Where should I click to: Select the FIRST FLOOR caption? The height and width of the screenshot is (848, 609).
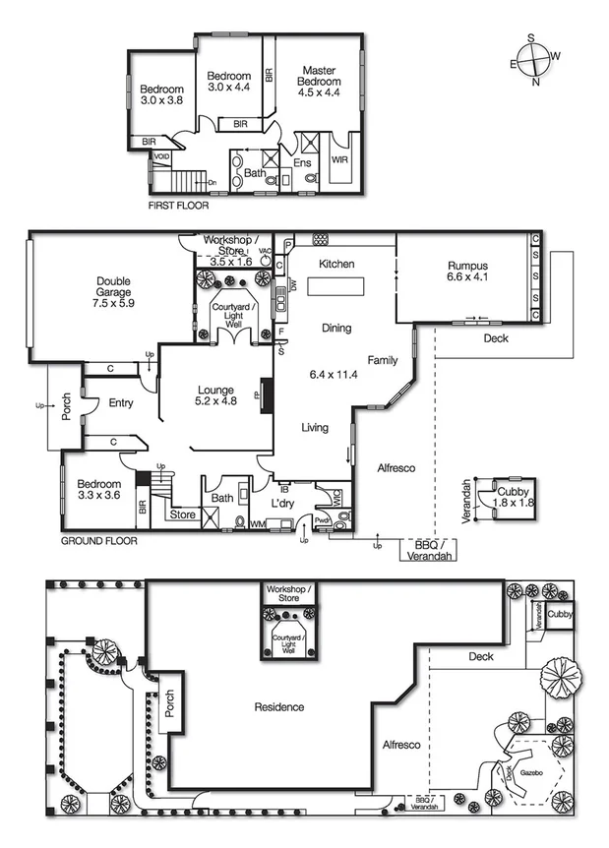pyautogui.click(x=178, y=207)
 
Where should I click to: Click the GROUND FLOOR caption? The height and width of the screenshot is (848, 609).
pyautogui.click(x=99, y=541)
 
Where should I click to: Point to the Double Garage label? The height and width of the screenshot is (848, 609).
pyautogui.click(x=113, y=293)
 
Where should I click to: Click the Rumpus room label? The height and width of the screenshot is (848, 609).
pyautogui.click(x=467, y=271)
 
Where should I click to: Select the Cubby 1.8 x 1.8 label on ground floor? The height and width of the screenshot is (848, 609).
pyautogui.click(x=513, y=497)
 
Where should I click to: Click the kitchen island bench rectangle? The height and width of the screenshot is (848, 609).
pyautogui.click(x=335, y=287)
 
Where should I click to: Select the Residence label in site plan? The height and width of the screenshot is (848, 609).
pyautogui.click(x=278, y=706)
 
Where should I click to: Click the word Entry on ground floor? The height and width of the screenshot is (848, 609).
pyautogui.click(x=121, y=402)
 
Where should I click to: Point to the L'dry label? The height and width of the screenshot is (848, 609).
pyautogui.click(x=283, y=504)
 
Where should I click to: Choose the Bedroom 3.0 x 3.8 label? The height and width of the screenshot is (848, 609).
pyautogui.click(x=161, y=95)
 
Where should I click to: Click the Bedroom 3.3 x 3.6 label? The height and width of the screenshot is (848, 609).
pyautogui.click(x=98, y=490)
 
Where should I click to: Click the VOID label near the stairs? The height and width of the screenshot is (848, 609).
pyautogui.click(x=162, y=156)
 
